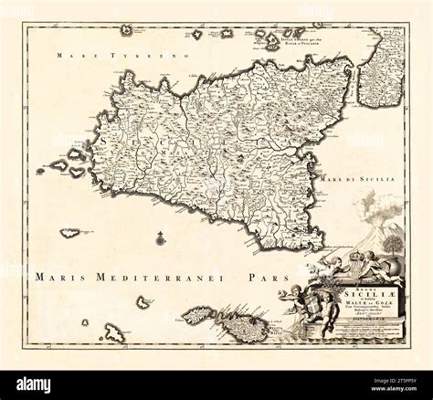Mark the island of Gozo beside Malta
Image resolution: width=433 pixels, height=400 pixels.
click(198, 316)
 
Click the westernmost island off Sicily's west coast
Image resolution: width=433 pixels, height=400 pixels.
click(41, 170)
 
